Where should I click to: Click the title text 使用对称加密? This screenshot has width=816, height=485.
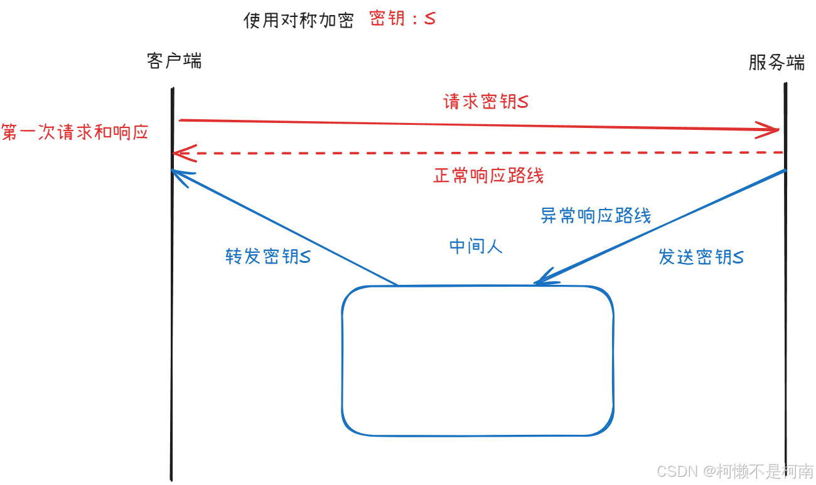point(298,21)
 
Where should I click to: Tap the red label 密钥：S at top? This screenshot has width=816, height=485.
point(402,19)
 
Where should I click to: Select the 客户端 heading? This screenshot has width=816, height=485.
point(174,61)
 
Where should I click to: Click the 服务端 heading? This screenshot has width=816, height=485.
point(776,62)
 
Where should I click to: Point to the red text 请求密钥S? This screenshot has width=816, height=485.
point(486,102)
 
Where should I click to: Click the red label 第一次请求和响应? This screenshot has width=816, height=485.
point(75,132)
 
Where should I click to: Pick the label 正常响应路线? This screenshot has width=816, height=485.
point(488,176)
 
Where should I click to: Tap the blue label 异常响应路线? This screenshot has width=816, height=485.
point(596,216)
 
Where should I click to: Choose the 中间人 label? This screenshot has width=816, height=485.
point(476,247)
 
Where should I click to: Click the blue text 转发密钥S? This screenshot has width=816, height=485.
point(268,257)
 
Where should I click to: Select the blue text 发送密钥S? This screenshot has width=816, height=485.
point(701,257)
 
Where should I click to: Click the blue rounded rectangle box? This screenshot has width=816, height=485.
point(477,361)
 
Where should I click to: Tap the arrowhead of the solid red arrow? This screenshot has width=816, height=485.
point(773,130)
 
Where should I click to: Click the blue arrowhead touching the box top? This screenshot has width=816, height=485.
point(541,280)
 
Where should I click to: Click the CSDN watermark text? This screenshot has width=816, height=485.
point(735,471)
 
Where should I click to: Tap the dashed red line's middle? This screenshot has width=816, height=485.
point(478,152)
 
